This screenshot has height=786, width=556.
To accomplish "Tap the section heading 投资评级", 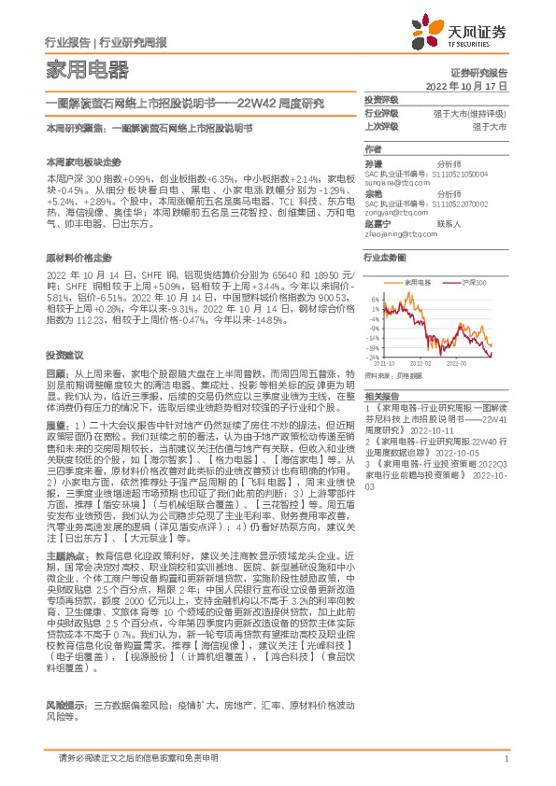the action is point(380,100).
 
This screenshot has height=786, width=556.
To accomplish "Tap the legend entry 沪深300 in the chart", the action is point(474,281).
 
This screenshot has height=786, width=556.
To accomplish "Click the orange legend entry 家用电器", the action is point(418,281).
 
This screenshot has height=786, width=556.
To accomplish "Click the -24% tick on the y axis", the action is point(374,358).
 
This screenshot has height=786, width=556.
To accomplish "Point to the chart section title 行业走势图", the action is point(385,256).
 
